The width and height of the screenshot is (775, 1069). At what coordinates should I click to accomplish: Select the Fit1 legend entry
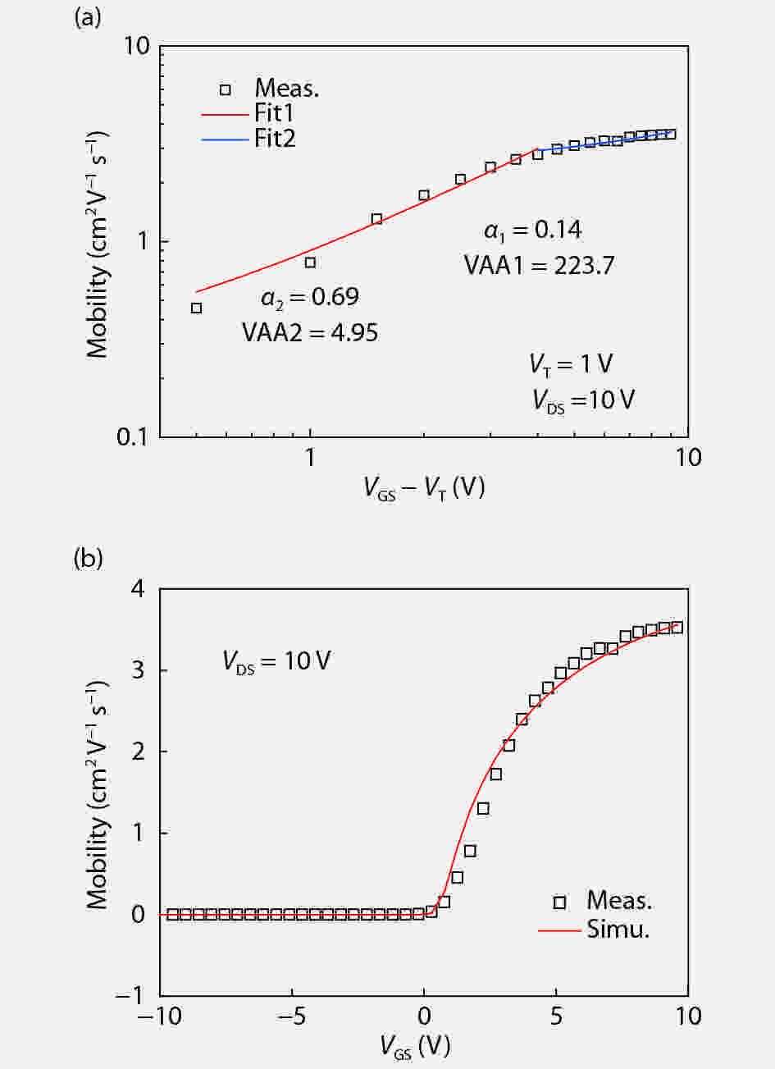point(274,113)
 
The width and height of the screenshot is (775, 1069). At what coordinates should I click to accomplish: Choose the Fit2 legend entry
point(274,139)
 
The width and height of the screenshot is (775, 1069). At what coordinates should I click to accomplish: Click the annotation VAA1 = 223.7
point(539,265)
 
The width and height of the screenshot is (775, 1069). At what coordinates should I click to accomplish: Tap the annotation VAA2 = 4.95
point(310,332)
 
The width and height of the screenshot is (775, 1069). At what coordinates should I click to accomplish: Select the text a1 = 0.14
point(532,231)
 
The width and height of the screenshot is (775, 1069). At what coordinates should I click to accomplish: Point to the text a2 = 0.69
point(310,297)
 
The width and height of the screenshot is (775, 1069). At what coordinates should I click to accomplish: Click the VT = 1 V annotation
point(572,363)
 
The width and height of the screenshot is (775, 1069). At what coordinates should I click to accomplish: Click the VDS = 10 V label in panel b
point(276,661)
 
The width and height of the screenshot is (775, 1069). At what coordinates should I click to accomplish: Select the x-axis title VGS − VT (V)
point(424,489)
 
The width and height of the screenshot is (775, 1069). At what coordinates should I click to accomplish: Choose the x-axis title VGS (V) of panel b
point(414,1047)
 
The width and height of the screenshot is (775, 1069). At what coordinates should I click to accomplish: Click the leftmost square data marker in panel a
point(196,308)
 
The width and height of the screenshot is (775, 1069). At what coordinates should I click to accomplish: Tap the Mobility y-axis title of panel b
point(98,793)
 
